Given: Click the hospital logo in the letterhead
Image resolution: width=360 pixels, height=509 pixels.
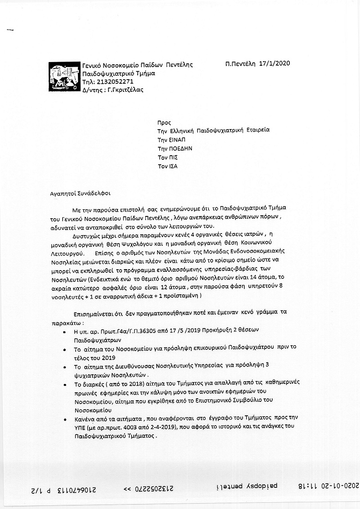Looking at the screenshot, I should (63, 77).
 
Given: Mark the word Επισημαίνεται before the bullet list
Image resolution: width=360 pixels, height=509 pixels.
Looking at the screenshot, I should (94, 312).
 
